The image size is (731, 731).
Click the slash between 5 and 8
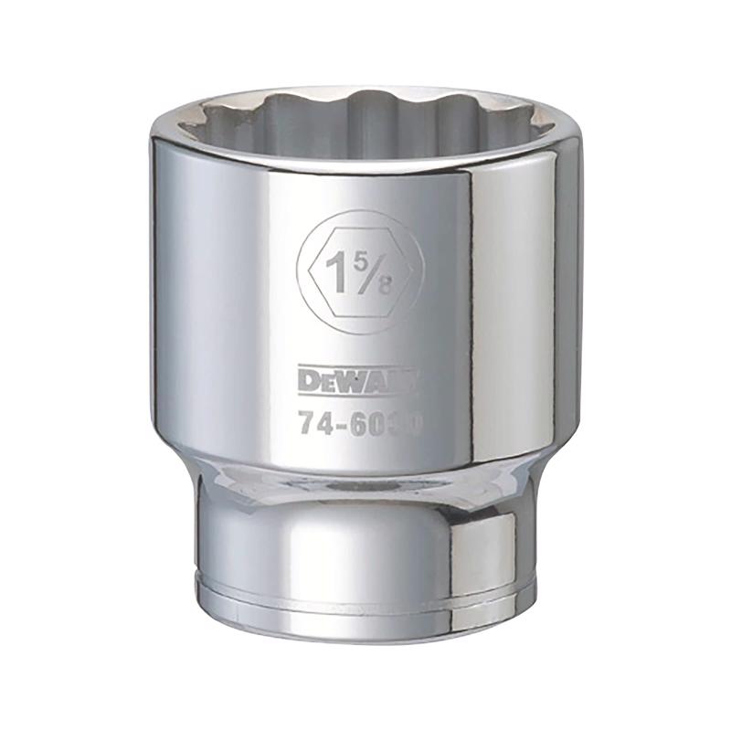point(374,271)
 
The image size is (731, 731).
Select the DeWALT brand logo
point(357,378)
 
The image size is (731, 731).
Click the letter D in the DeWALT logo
point(308,378)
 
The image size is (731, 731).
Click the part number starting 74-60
point(357,425)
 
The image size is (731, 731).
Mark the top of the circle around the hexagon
point(360,211)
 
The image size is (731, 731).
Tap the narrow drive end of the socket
point(365,548)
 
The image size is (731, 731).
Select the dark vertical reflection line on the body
point(471,302)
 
